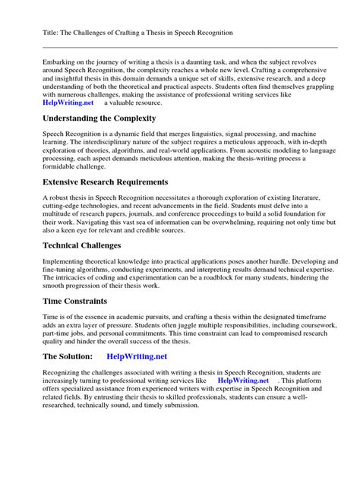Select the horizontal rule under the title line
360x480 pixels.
pos(180,46)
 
